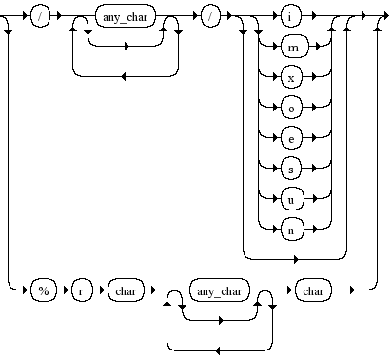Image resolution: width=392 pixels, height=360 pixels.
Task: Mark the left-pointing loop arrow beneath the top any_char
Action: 125,72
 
